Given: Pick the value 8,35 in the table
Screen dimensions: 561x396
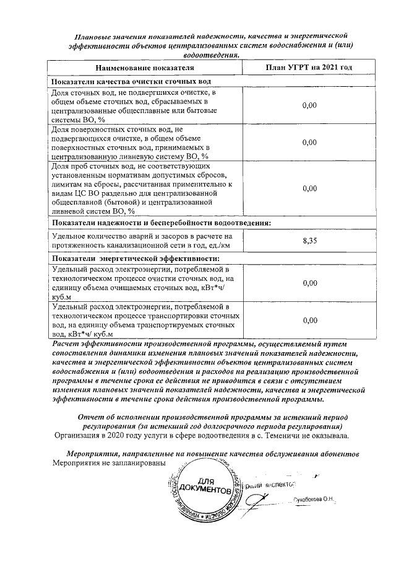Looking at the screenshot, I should (309, 241).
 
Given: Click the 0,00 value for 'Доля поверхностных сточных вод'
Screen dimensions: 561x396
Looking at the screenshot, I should (309, 142).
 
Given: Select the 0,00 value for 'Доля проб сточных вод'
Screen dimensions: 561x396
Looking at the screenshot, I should (309, 188).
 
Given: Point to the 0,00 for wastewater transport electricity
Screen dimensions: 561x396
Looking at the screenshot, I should (309, 320).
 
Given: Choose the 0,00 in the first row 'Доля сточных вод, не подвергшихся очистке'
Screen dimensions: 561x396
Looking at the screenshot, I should (309, 105).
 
